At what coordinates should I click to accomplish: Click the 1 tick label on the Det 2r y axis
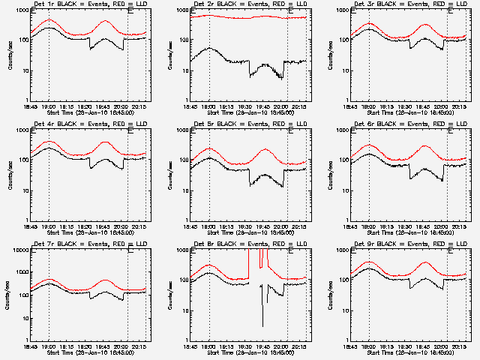pos(186,100)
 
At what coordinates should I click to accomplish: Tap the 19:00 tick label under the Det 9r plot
pos(368,346)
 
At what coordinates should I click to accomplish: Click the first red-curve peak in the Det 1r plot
pos(49,20)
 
